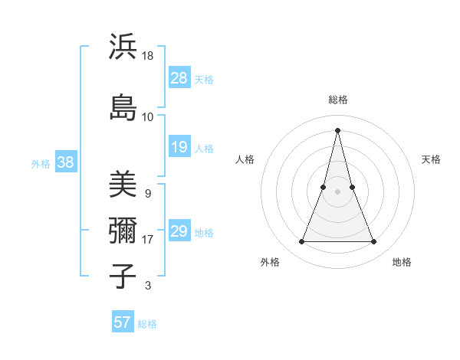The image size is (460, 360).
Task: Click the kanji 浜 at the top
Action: tap(123, 47)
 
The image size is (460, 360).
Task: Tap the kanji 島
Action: tap(123, 106)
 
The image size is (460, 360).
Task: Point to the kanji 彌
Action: tap(123, 230)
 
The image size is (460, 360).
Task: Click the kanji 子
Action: tap(123, 276)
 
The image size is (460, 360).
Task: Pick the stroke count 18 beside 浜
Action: tap(148, 57)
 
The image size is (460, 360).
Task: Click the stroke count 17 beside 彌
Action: tap(148, 240)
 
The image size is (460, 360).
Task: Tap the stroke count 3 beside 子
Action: tap(147, 286)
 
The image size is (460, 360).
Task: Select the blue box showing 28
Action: tap(179, 78)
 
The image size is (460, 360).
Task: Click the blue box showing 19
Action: tap(179, 147)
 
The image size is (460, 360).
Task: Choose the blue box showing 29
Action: tap(179, 231)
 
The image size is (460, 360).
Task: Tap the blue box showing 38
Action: tap(65, 162)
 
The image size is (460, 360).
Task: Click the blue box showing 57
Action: tap(123, 322)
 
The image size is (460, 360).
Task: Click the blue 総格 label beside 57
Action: tap(147, 324)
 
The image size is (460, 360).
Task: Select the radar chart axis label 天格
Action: tap(432, 159)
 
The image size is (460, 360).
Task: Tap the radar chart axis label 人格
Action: tap(245, 159)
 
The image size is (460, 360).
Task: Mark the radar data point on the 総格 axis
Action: tap(337, 129)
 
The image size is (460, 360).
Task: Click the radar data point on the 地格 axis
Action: tap(374, 242)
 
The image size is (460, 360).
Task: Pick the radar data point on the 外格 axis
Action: tap(301, 242)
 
